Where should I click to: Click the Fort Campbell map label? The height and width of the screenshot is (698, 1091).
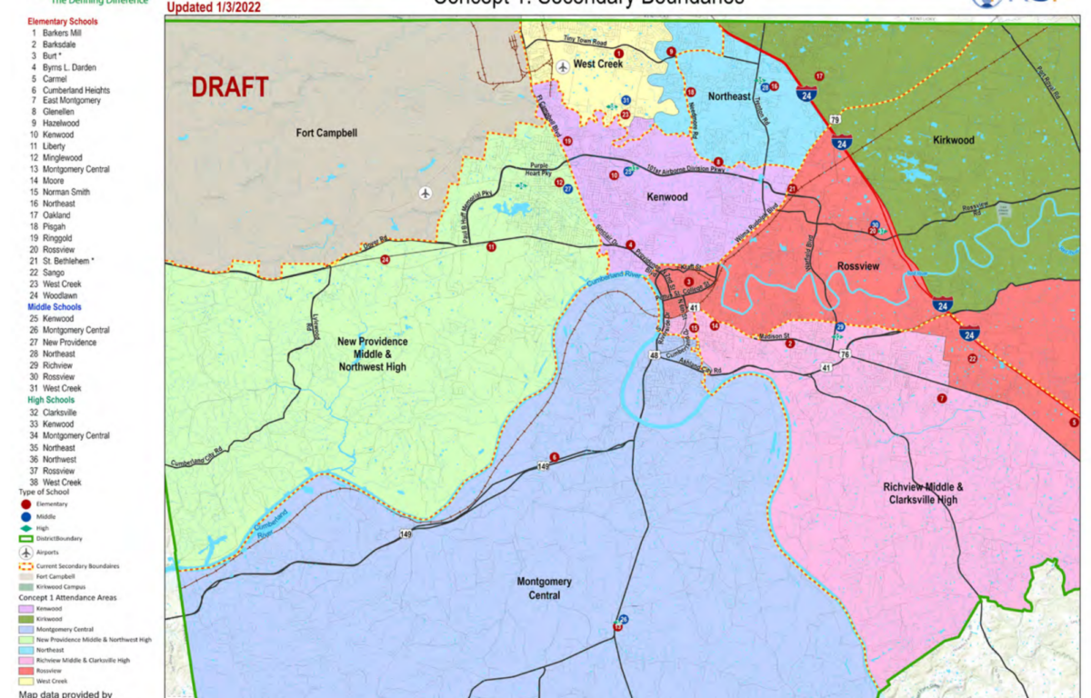(326, 133)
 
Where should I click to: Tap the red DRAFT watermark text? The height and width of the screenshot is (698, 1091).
(229, 88)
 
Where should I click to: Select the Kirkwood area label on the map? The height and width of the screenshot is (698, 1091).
(953, 141)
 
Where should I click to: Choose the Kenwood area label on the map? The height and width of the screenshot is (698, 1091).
(666, 197)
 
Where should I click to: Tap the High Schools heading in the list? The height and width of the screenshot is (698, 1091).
(51, 400)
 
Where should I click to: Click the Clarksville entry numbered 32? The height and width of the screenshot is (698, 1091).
(59, 412)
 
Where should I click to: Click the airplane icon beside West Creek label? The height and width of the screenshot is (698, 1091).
(563, 66)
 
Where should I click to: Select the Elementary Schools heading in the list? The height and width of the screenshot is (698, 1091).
(64, 20)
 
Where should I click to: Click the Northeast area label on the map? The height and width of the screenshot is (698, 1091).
(729, 96)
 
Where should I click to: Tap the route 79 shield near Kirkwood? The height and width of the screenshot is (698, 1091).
(834, 119)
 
